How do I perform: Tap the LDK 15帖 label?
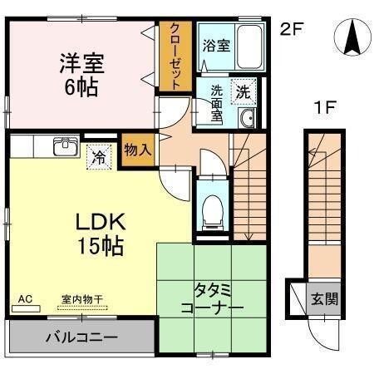[x=101, y=234]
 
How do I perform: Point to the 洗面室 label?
[x=218, y=102]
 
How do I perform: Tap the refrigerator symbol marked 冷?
[x=99, y=155]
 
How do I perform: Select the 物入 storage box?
[x=138, y=149]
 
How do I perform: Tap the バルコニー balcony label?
[x=80, y=338]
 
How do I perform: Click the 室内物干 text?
[x=79, y=299]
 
